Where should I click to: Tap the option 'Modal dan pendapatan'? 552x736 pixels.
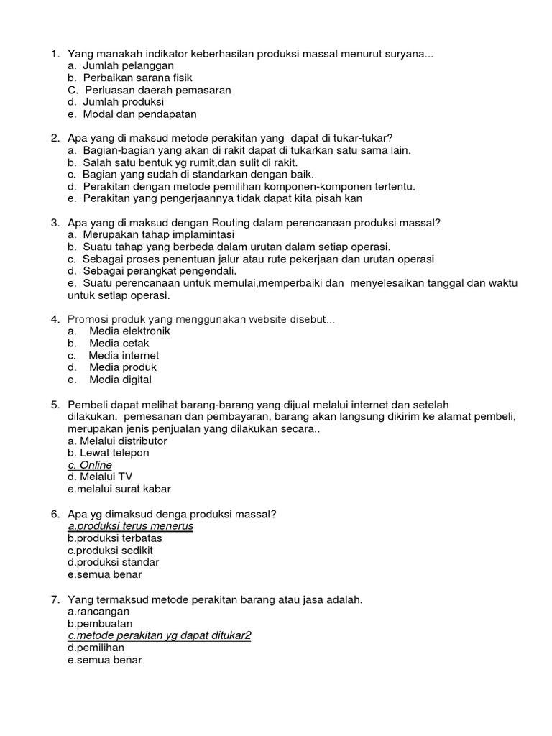pyautogui.click(x=139, y=114)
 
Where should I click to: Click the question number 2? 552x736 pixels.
pyautogui.click(x=55, y=138)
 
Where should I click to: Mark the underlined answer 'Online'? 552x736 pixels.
pyautogui.click(x=96, y=465)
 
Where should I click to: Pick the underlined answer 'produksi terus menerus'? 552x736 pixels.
pyautogui.click(x=134, y=526)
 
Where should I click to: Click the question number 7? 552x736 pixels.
pyautogui.click(x=55, y=599)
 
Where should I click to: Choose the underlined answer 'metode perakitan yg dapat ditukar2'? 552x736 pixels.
pyautogui.click(x=163, y=636)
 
